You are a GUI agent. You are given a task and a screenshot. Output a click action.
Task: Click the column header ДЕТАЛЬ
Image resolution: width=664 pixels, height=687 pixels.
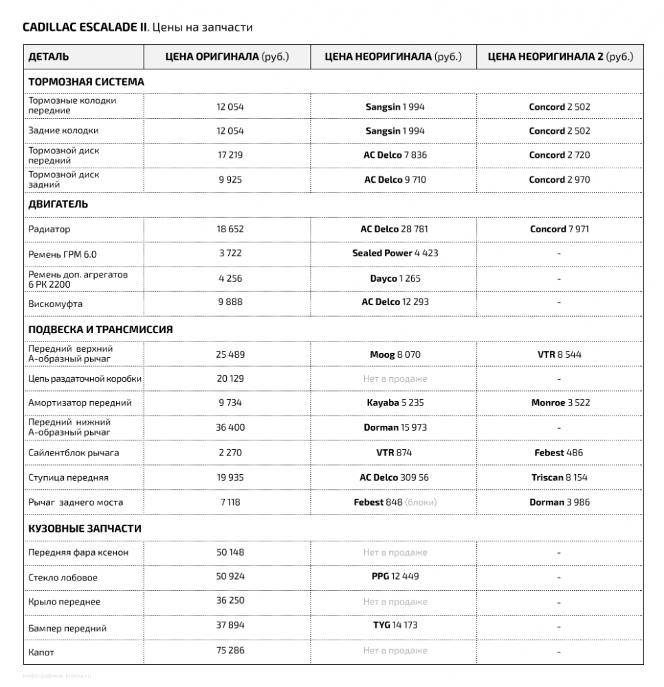[x=49, y=57]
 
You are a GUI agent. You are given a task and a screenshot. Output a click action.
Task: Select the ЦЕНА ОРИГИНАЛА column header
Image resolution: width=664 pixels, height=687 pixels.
[x=228, y=57]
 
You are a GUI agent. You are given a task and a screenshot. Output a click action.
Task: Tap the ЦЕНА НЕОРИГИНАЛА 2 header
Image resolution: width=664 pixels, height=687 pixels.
[x=560, y=57]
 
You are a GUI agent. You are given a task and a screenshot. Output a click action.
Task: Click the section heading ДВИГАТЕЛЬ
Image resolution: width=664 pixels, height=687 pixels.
[x=58, y=204]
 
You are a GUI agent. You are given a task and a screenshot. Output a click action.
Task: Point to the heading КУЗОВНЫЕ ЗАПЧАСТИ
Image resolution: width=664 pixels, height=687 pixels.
[x=85, y=528]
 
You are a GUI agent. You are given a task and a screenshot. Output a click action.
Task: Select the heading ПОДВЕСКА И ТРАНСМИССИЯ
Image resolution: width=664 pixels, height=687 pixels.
[x=100, y=329]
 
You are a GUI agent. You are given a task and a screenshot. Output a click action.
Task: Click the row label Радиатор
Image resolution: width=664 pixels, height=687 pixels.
[x=49, y=229]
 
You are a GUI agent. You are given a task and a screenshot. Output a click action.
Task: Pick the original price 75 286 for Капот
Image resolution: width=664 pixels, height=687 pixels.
[x=230, y=650]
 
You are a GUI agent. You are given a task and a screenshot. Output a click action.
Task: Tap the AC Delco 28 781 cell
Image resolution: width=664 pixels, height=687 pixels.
[x=395, y=229]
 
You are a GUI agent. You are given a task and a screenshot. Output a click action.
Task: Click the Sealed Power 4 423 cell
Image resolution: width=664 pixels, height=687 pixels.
[x=395, y=253]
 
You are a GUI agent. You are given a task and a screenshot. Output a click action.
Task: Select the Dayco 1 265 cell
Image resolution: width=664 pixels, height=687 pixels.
[x=395, y=278]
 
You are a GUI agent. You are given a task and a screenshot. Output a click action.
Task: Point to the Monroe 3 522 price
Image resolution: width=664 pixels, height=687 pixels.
[x=560, y=403]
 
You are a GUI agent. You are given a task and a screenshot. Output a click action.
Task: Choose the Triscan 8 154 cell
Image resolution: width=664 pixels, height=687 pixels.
[x=560, y=477]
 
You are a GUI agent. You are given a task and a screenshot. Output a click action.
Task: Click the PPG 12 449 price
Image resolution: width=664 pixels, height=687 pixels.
[x=395, y=576]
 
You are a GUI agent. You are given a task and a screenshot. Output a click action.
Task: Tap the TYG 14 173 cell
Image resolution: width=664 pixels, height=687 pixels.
[x=395, y=625]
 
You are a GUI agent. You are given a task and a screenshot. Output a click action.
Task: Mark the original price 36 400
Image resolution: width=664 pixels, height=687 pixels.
[x=230, y=427]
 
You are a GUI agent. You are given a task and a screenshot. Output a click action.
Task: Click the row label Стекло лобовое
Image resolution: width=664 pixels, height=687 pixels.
[x=63, y=577]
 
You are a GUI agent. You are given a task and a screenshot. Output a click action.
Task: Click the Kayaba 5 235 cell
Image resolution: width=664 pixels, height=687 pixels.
[x=395, y=403]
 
